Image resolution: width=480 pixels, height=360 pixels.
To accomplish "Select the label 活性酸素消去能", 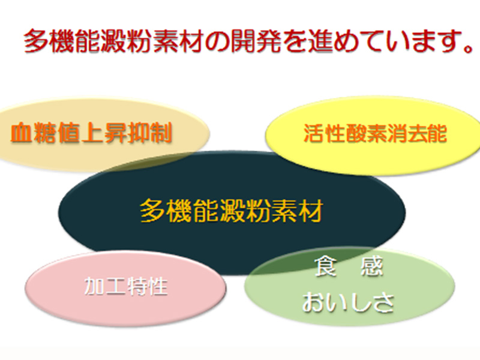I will click(375, 134).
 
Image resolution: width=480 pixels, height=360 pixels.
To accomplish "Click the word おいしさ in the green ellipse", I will click(348, 301).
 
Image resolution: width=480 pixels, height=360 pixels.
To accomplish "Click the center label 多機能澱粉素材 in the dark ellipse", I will click(232, 211).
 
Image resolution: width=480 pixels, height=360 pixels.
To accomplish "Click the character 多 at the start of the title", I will click(35, 41).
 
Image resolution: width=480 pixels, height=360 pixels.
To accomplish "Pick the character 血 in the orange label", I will click(22, 133).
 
